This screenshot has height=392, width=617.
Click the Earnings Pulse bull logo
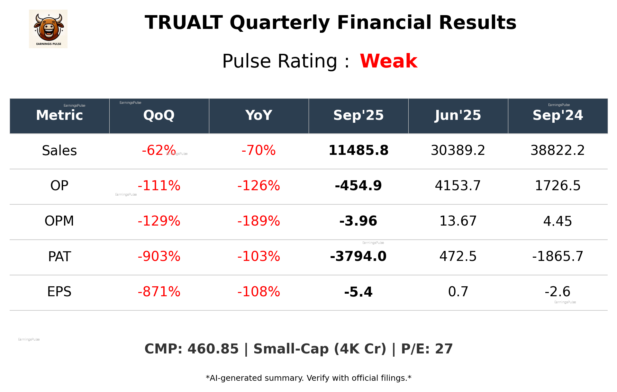tap(48, 29)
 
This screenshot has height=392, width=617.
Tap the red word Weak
tap(388, 61)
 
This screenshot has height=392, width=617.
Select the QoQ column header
tap(159, 115)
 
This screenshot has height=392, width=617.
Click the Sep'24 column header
tap(558, 115)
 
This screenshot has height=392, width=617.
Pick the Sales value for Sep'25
tap(358, 150)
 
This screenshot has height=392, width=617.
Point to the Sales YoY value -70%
tap(259, 150)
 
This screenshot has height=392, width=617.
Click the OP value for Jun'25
tap(458, 186)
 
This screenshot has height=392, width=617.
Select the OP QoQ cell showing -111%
tap(159, 186)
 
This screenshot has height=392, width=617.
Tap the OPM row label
tap(59, 221)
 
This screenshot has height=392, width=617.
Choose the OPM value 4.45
tap(558, 221)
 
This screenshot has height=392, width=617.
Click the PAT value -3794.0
tap(358, 256)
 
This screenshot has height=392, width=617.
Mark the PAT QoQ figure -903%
tap(159, 256)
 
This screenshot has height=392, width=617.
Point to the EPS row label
tap(59, 292)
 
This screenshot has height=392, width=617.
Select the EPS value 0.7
tap(458, 292)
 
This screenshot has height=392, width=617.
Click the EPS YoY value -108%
tap(259, 292)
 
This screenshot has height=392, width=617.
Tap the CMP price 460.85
tap(213, 349)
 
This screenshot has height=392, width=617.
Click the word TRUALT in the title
tap(184, 23)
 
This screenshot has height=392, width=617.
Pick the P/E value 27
tap(444, 349)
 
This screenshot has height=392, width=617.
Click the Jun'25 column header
tap(458, 115)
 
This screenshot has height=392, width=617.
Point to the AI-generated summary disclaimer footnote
tap(308, 378)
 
